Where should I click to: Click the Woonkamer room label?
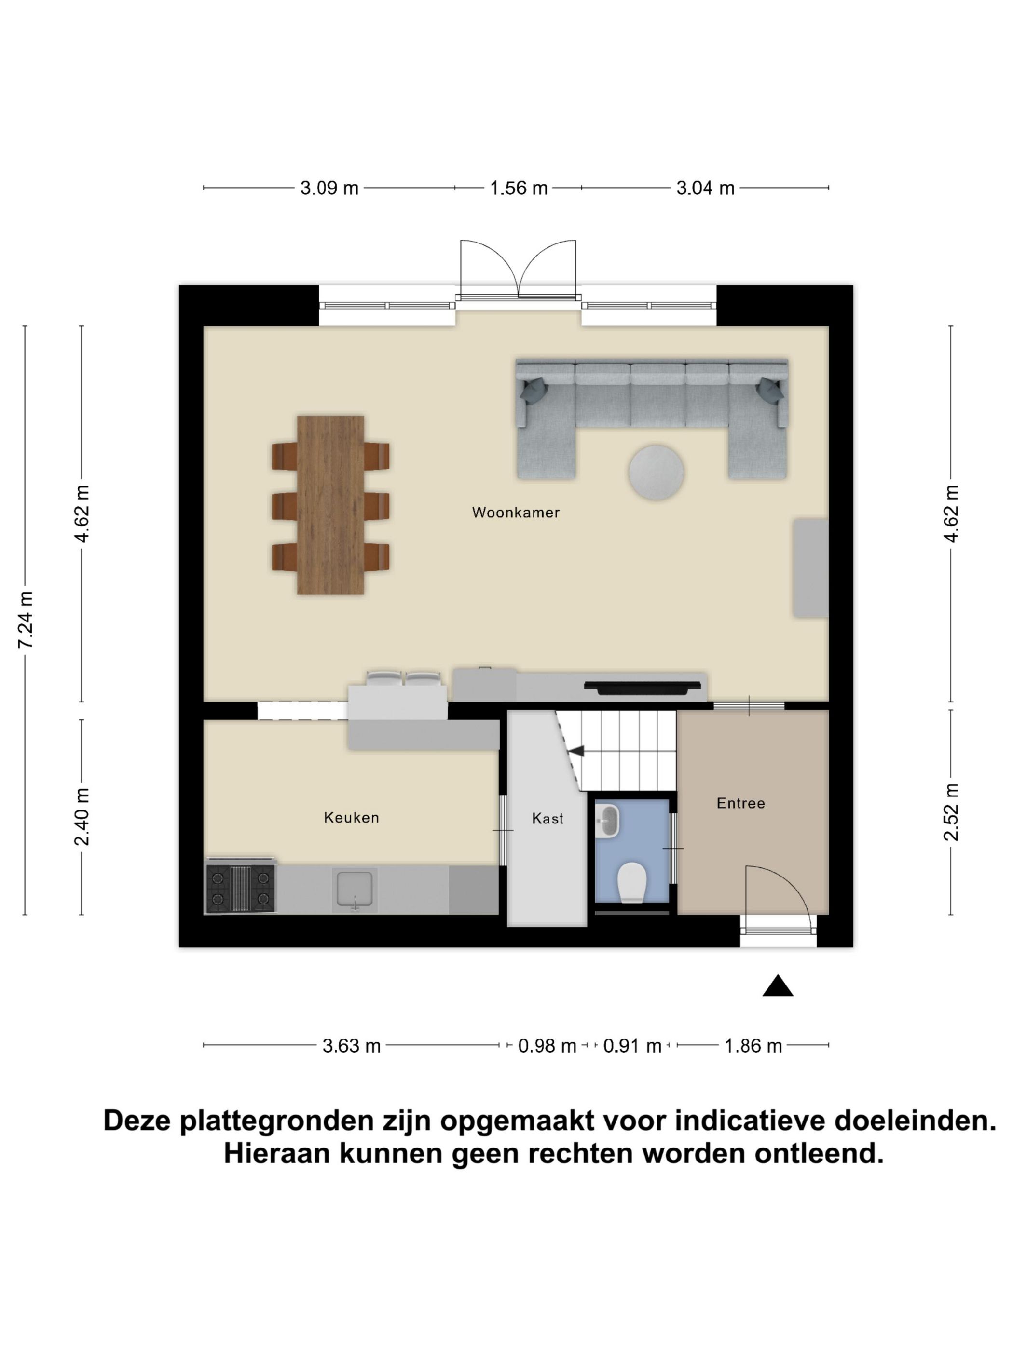tap(515, 512)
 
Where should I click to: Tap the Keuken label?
tap(351, 817)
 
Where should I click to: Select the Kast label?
tap(547, 818)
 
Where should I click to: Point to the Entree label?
tap(740, 803)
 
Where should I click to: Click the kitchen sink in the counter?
tap(354, 889)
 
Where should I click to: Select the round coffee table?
tap(656, 472)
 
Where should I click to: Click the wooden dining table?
tap(330, 505)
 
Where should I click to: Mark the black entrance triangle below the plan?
tap(777, 986)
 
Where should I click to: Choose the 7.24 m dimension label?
tap(26, 620)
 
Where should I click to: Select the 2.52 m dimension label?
tap(951, 812)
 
